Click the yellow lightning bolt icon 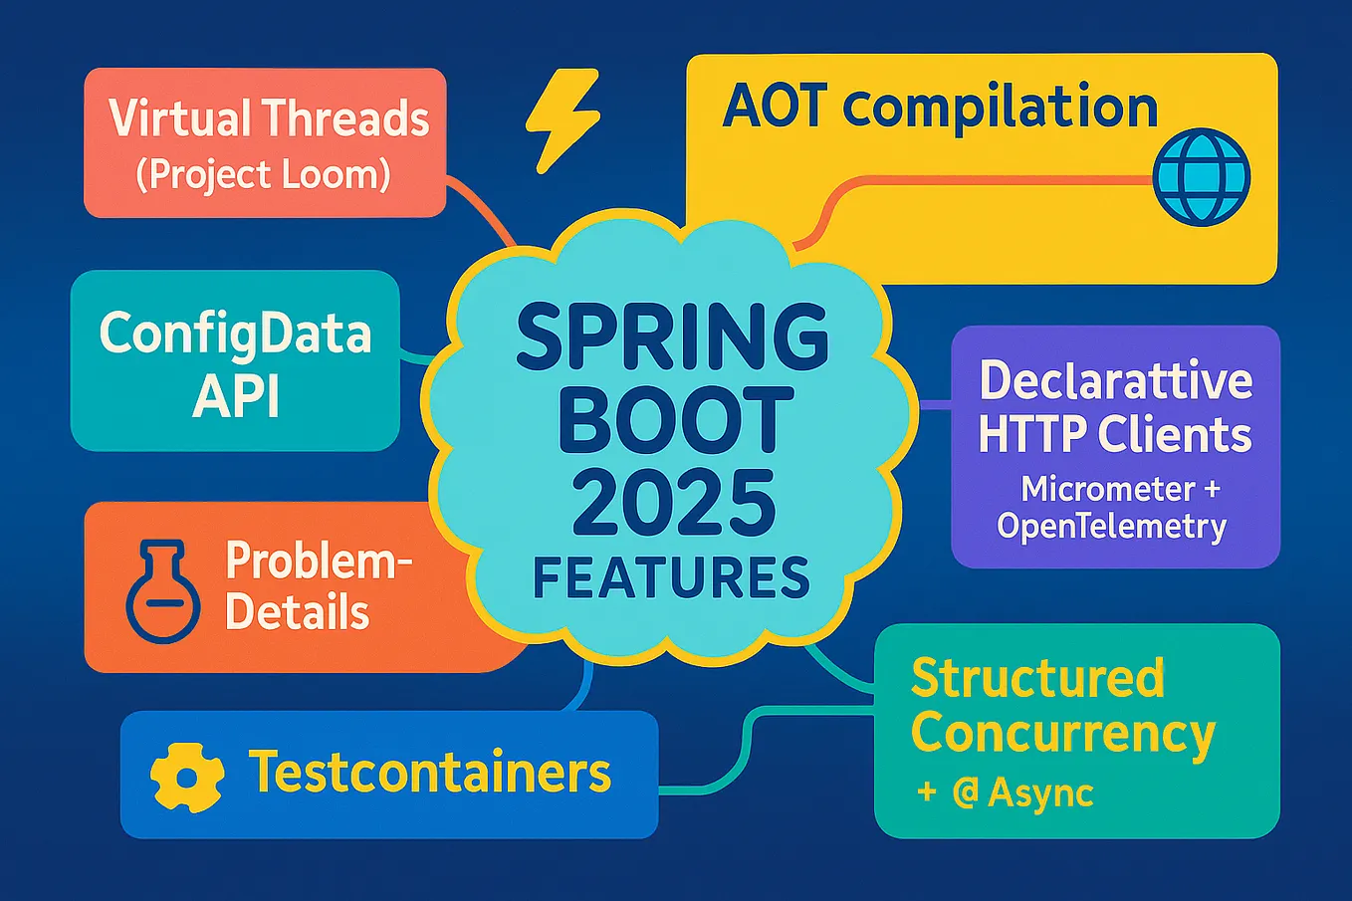tap(562, 119)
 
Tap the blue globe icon tap(1201, 176)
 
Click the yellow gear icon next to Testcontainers tap(185, 775)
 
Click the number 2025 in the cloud tap(674, 503)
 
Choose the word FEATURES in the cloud tap(672, 578)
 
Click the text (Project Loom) tap(263, 175)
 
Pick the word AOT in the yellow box tap(773, 107)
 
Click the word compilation tap(1000, 109)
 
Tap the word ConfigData tap(235, 334)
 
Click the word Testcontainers tap(429, 773)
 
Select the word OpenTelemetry tap(1111, 526)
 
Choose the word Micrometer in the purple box tap(1094, 489)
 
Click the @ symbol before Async tap(964, 793)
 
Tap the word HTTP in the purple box tap(1031, 435)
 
